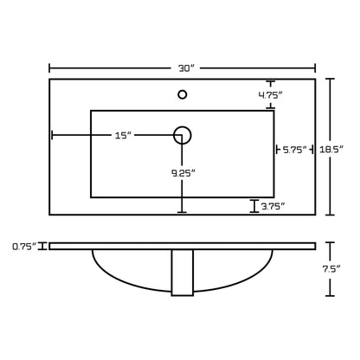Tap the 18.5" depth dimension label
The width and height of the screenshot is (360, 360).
tap(331, 150)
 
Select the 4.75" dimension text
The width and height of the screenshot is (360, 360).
tap(270, 95)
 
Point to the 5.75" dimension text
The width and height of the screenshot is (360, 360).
tap(294, 150)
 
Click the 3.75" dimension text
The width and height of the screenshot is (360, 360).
tap(273, 206)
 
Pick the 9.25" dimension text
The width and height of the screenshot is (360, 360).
tap(183, 173)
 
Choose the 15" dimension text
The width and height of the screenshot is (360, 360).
tap(124, 135)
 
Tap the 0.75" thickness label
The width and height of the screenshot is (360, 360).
tap(24, 247)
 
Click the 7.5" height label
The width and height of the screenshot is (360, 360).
tap(331, 269)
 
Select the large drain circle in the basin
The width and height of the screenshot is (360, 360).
tap(183, 126)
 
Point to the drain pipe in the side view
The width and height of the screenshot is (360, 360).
tap(183, 273)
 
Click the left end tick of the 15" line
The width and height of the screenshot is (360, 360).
tap(52, 135)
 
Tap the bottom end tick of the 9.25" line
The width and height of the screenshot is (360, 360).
tap(182, 212)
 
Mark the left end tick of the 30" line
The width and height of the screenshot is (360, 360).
tap(49, 68)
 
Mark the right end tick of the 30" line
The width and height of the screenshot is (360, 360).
tap(315, 68)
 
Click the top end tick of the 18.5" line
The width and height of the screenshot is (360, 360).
tap(330, 79)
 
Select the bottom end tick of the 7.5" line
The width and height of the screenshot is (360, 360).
tap(330, 296)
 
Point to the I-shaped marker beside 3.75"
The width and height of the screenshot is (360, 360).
tap(254, 206)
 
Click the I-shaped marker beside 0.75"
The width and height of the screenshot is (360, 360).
tap(43, 247)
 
